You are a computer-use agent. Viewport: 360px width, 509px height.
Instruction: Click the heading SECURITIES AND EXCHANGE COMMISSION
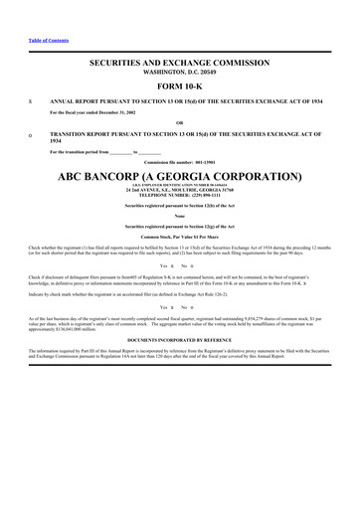(x=179, y=63)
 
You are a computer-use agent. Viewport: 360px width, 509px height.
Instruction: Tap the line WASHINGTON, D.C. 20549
(x=179, y=73)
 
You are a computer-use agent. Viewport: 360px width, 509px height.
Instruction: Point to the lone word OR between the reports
(x=179, y=121)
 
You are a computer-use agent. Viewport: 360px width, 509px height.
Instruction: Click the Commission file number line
(x=179, y=160)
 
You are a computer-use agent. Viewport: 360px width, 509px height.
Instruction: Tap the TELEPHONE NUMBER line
(x=179, y=195)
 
